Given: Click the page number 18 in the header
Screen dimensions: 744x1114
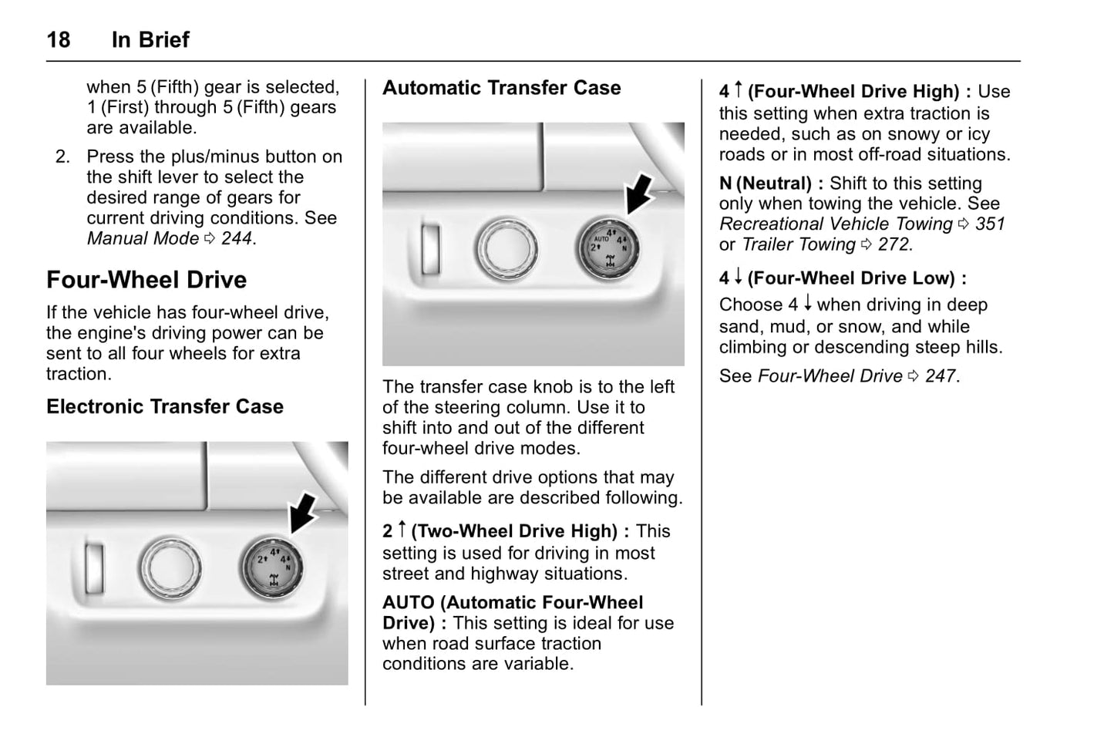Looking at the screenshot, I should (x=59, y=39).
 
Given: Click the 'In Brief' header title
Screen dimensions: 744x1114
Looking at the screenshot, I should (x=150, y=39).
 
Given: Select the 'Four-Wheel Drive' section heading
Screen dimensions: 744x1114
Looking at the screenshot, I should (x=146, y=280).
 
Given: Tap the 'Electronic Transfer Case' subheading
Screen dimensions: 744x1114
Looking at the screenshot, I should (x=165, y=406).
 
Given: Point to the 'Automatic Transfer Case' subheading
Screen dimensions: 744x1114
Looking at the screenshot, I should (x=501, y=88).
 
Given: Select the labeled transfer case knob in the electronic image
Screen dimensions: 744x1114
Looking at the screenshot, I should (x=271, y=569).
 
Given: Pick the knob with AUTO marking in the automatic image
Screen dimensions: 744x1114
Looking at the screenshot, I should (x=607, y=250).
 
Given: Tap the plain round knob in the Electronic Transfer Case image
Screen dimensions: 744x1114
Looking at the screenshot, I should (x=170, y=569).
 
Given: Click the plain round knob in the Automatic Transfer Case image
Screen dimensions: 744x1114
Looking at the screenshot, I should (x=506, y=250).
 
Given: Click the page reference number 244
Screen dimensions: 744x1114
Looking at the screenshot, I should (x=237, y=238).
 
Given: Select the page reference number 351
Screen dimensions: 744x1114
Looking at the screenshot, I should (x=990, y=224).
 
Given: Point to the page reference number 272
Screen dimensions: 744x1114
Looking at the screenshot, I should (x=894, y=244).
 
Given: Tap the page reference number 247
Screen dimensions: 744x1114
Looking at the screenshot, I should (x=941, y=376).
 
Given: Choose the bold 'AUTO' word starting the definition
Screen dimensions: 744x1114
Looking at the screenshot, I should (x=410, y=603).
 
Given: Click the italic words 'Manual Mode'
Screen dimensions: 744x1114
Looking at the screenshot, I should (x=143, y=238).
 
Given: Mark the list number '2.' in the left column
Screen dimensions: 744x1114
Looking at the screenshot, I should (x=62, y=157).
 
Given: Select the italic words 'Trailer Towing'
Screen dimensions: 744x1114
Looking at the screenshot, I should (x=798, y=244).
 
